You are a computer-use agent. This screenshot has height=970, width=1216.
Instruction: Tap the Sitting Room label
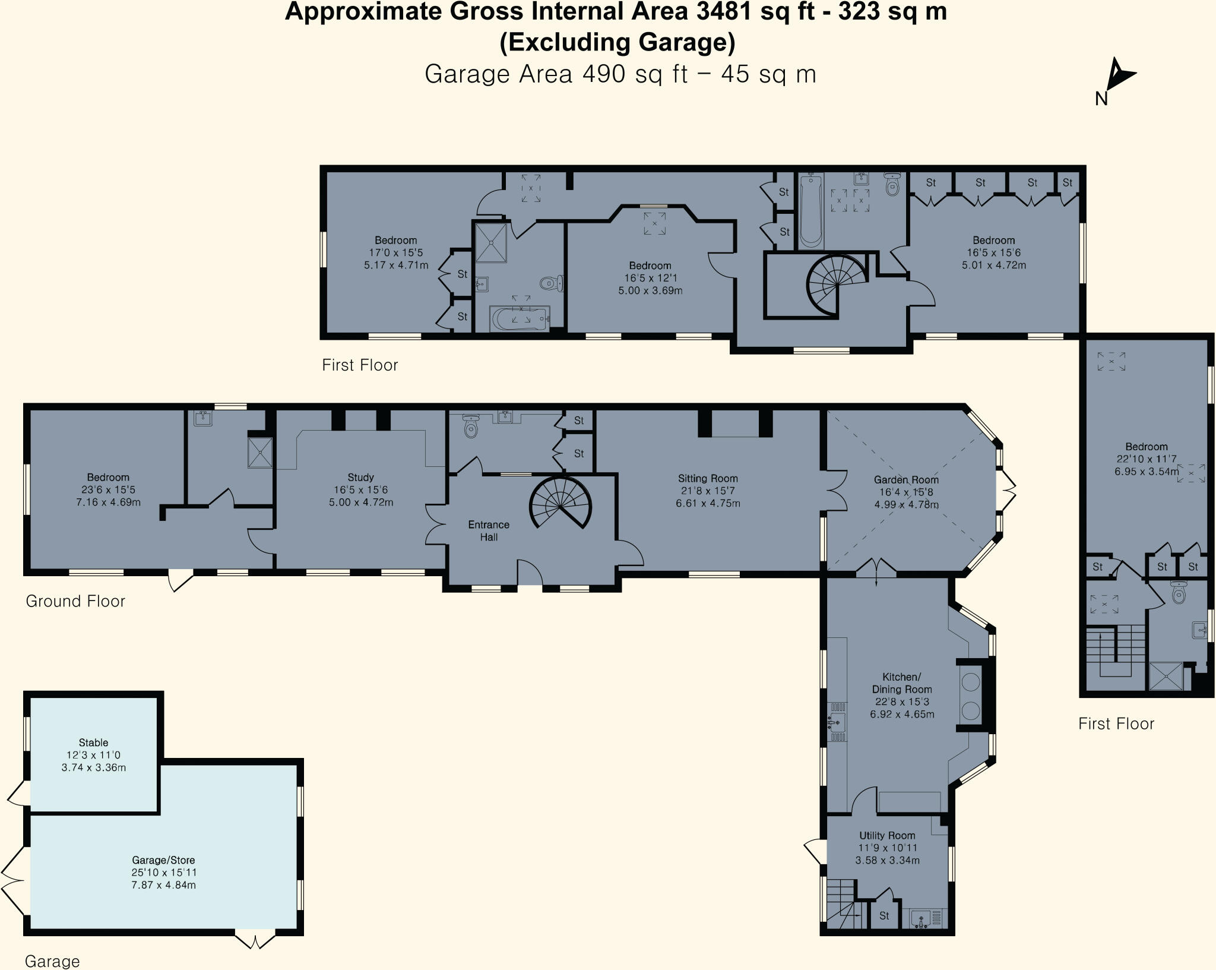coord(708,478)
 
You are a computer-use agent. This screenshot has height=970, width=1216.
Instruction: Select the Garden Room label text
coord(906,479)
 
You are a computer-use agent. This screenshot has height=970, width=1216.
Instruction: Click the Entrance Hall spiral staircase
coord(560,504)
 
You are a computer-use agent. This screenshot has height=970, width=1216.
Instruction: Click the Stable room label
coord(93,742)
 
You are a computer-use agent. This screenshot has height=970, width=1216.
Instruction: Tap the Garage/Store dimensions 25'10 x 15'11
coord(164,873)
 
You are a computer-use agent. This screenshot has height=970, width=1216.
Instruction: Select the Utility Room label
coord(887,835)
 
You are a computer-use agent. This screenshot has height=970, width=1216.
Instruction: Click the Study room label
coord(360,477)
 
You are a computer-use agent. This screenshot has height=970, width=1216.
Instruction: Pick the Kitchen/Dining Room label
coord(901,683)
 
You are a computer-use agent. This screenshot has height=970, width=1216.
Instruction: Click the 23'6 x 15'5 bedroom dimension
coord(107,490)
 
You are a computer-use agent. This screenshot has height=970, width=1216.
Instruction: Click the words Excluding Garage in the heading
coord(617,43)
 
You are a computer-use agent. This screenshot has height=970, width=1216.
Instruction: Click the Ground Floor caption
coord(75,601)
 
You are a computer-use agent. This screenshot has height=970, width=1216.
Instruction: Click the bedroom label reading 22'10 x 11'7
coord(1146,459)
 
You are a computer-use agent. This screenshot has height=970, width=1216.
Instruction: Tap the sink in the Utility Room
coord(921,918)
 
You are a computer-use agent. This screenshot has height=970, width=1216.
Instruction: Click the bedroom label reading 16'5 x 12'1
coord(650,278)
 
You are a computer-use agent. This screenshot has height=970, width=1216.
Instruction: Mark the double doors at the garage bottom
coord(255,941)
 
